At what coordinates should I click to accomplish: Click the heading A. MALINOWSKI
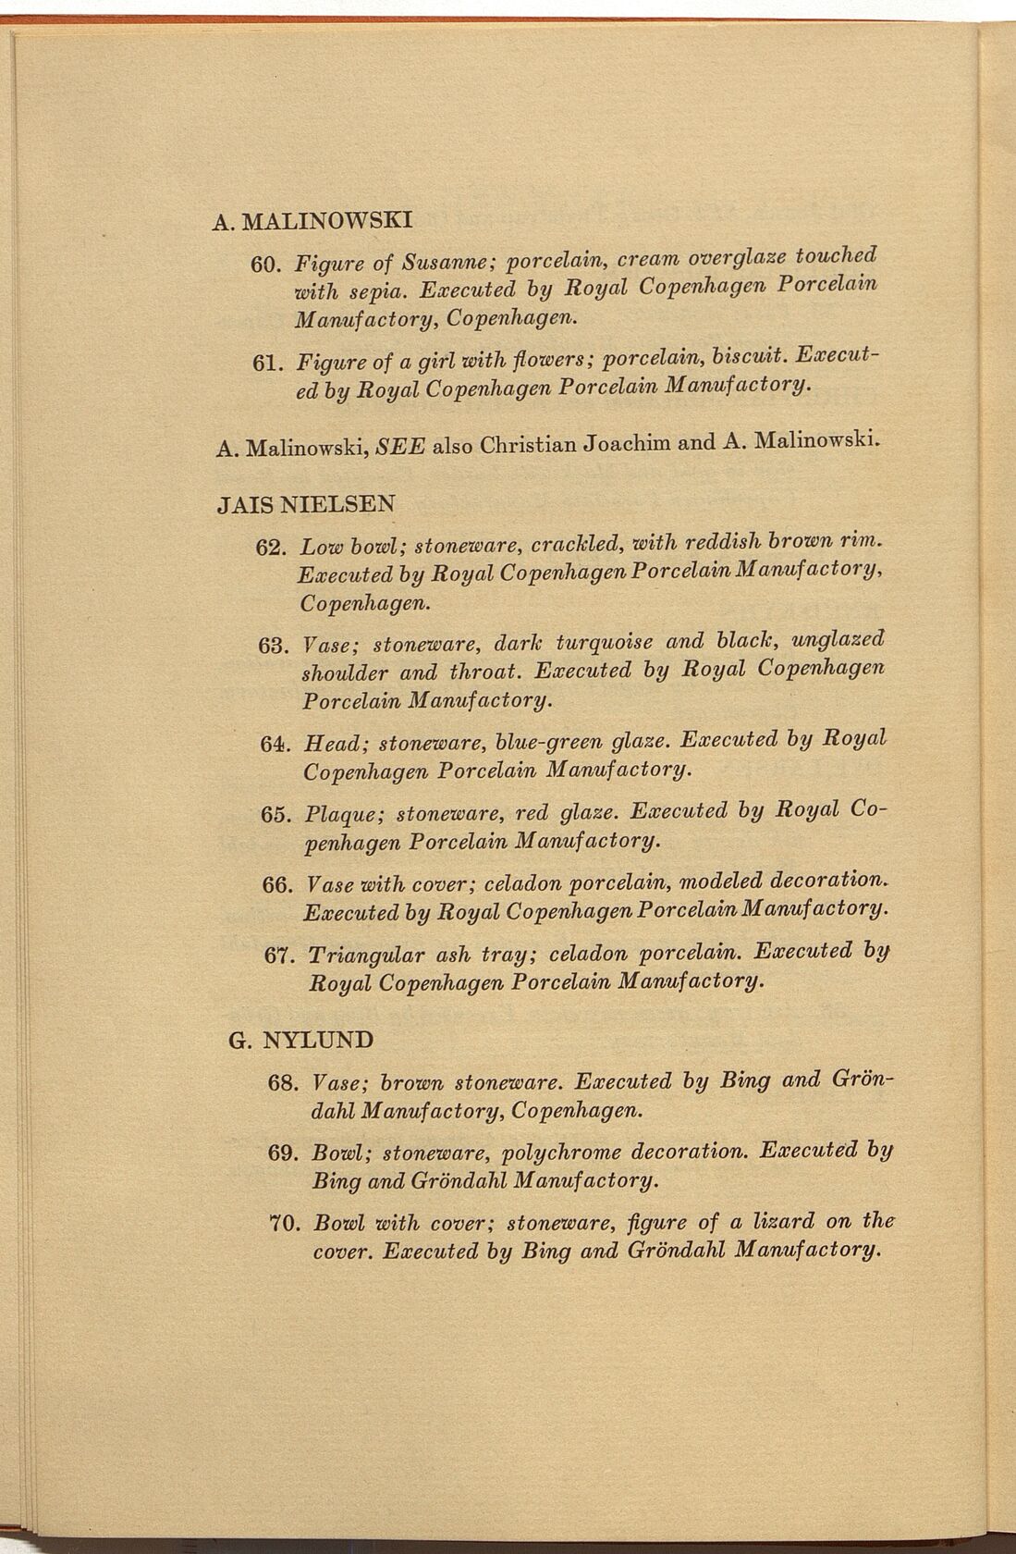[312, 221]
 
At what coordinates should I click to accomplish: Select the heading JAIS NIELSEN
[305, 504]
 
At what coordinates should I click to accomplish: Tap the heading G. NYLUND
[300, 1040]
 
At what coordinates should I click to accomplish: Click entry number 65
[278, 815]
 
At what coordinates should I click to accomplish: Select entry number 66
[279, 885]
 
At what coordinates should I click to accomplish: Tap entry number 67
[281, 956]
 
